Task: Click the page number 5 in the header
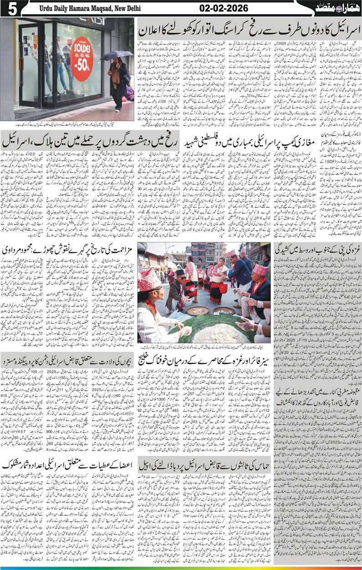coord(9,9)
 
